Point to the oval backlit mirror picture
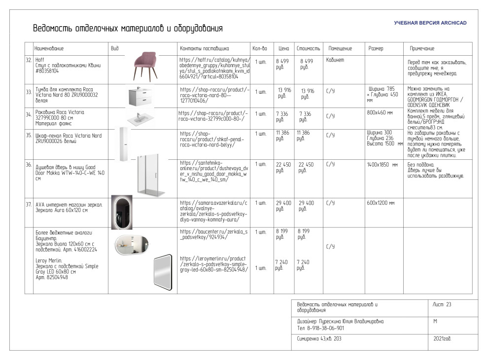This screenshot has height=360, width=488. point(122,213)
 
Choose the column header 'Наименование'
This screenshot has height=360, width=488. point(49,49)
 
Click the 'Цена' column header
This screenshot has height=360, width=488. point(283,49)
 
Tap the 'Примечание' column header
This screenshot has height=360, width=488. point(422,49)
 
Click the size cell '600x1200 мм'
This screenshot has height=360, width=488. point(381,203)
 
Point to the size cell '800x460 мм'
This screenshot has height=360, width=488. point(380,112)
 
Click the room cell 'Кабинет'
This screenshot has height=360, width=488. point(335,60)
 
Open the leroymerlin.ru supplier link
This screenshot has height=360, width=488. point(213,264)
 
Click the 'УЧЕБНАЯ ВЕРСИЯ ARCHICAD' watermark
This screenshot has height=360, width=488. point(430,23)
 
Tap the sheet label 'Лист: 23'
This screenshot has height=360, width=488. point(442,305)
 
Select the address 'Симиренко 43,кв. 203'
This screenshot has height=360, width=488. point(319,339)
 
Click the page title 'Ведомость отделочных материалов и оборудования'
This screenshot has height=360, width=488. point(128,29)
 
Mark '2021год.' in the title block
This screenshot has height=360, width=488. point(442,339)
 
